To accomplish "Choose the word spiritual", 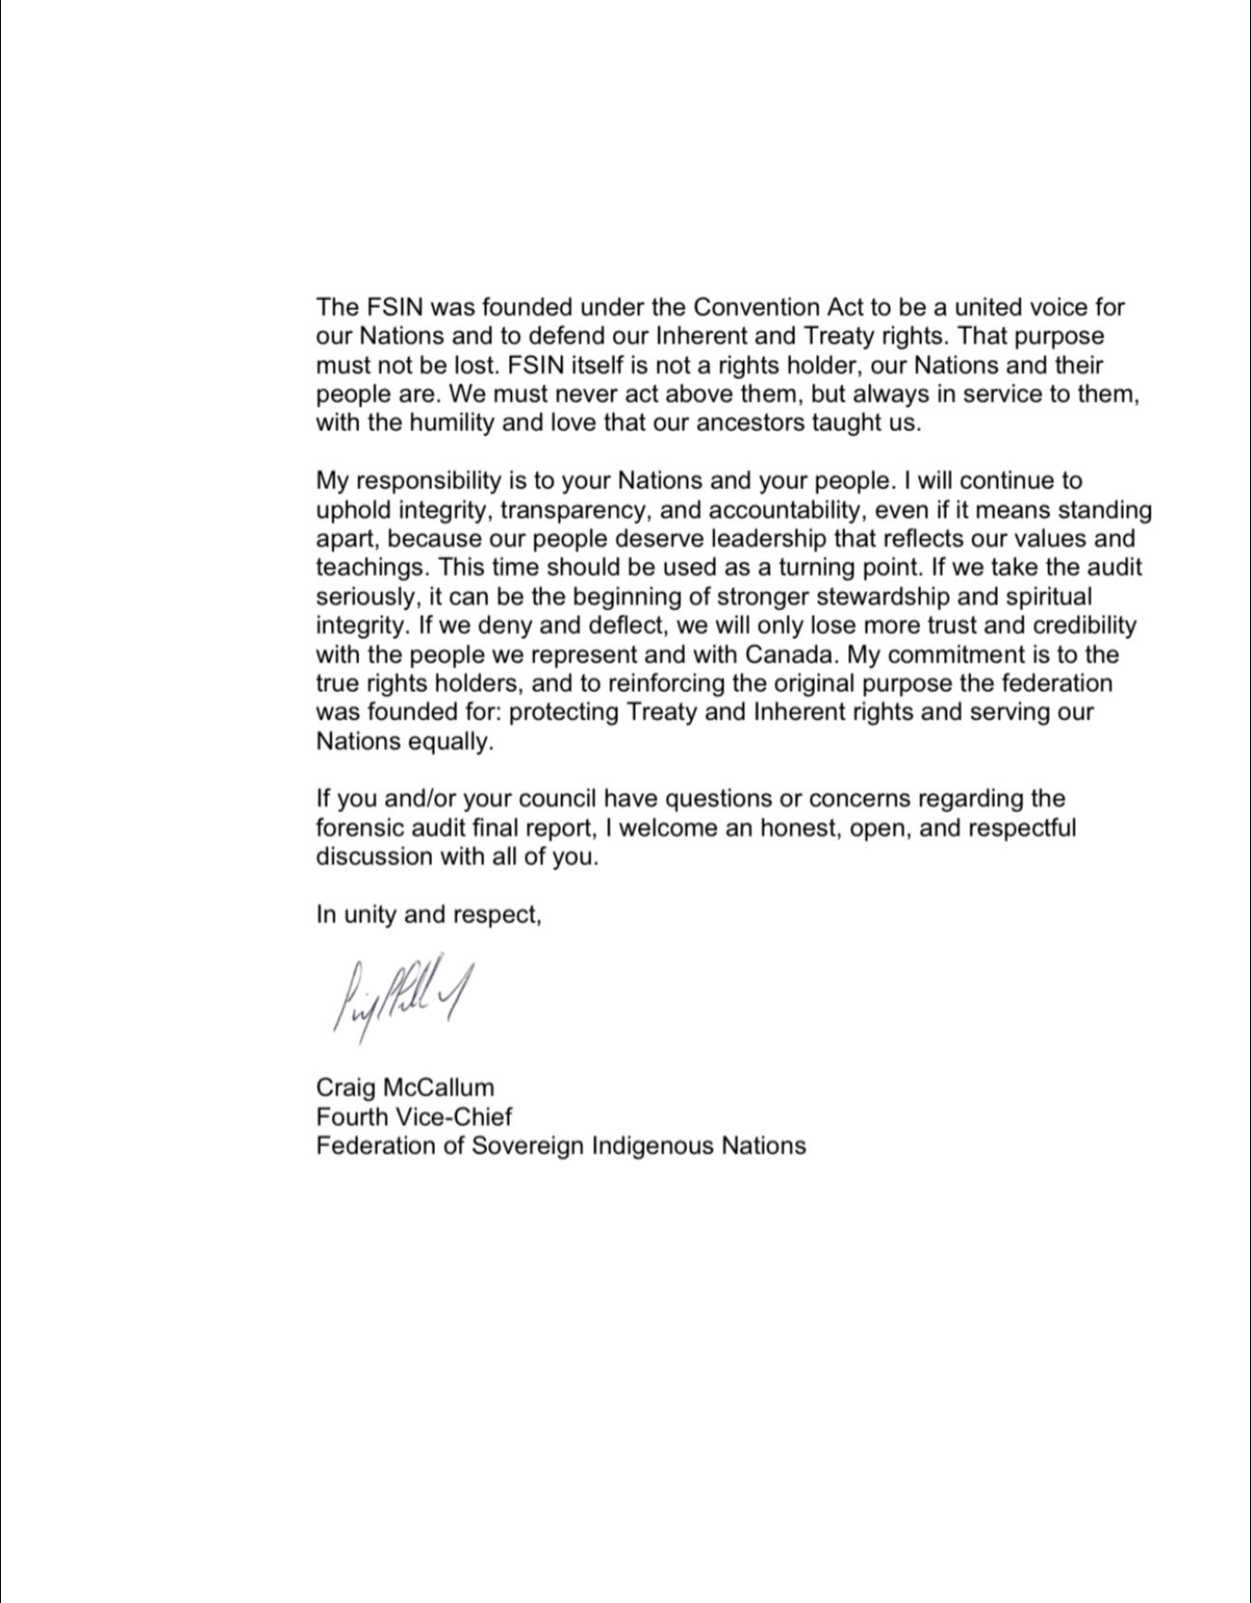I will pyautogui.click(x=1042, y=597).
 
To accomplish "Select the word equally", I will pyautogui.click(x=451, y=742).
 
